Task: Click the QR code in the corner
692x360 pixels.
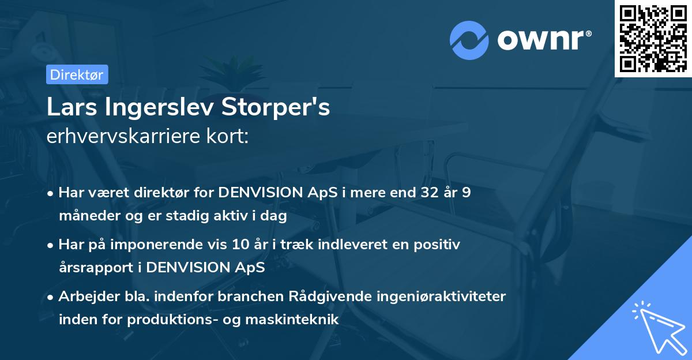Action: pos(653,39)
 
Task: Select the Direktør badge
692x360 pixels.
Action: pos(77,74)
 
